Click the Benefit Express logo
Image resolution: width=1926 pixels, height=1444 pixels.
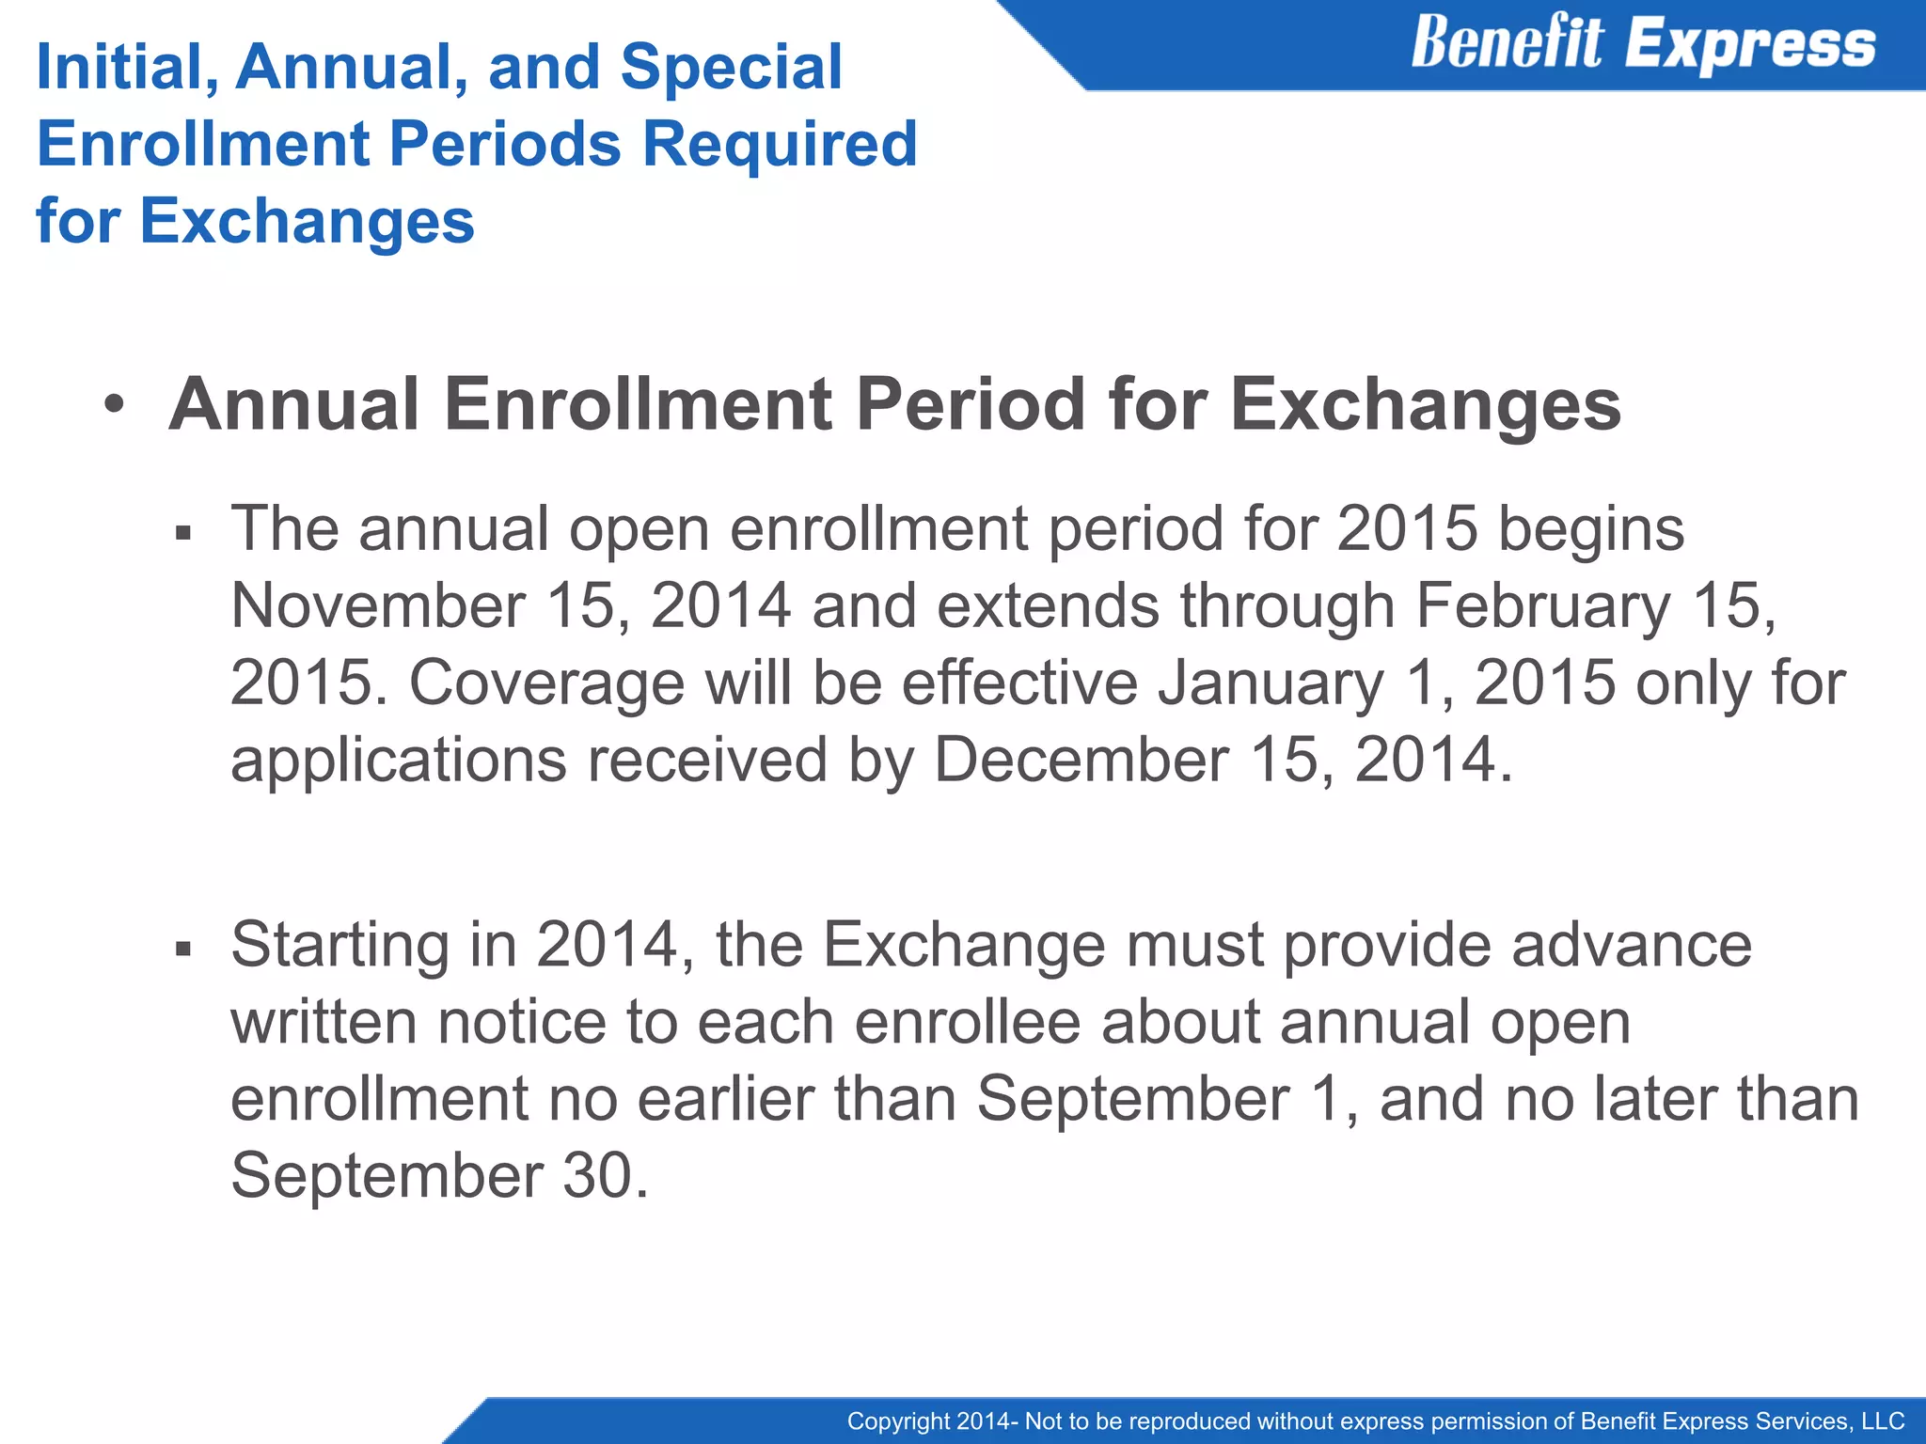click(1642, 44)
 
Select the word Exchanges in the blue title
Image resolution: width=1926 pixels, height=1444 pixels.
click(307, 222)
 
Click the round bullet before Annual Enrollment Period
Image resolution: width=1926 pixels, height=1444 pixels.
click(114, 406)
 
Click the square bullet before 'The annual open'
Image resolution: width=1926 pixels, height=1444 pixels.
click(183, 534)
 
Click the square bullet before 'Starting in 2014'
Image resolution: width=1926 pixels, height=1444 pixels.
click(183, 949)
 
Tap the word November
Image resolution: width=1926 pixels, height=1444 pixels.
click(378, 606)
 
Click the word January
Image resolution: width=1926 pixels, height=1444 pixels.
click(1271, 683)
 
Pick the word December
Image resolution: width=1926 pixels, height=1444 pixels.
click(1081, 760)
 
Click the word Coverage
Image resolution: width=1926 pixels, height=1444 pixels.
click(546, 683)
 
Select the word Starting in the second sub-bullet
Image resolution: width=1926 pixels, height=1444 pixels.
click(339, 946)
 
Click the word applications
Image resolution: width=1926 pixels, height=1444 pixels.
click(399, 760)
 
